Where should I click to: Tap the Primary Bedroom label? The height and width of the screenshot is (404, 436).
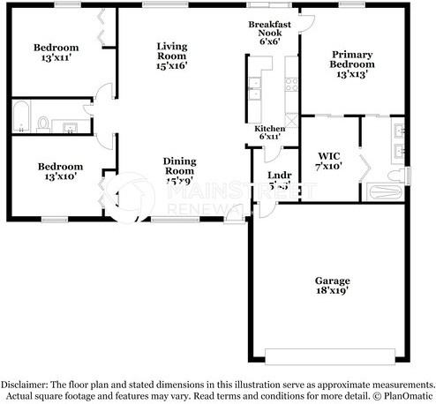(351, 64)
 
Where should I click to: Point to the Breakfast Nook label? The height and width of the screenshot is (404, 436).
(270, 33)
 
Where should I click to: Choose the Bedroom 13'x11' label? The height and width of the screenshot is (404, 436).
(56, 53)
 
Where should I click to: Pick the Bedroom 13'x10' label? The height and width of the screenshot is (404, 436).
(59, 171)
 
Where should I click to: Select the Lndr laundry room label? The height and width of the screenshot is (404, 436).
(279, 180)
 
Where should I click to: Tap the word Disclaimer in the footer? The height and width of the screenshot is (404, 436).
(27, 385)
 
